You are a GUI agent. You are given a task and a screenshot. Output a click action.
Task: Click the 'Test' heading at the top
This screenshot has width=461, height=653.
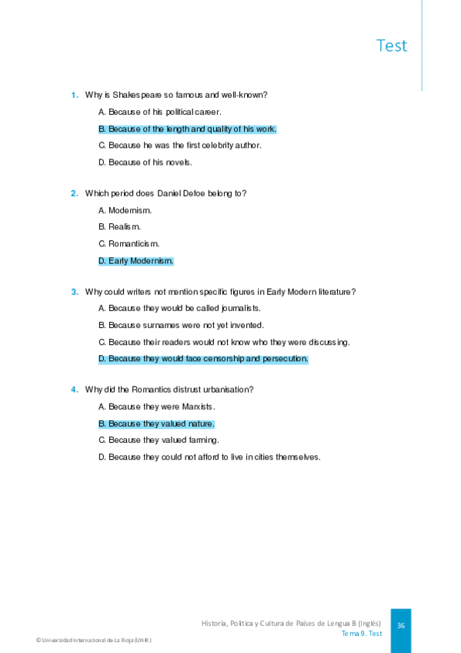click(x=391, y=45)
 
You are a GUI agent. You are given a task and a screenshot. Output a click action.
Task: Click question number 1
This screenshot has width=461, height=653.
click(x=75, y=95)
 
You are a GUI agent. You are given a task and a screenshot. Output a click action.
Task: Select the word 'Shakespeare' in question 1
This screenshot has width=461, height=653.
click(x=135, y=95)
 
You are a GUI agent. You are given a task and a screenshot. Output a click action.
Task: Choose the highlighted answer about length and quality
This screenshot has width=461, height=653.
click(x=187, y=129)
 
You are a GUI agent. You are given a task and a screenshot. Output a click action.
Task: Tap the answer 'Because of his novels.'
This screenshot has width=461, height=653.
click(x=145, y=162)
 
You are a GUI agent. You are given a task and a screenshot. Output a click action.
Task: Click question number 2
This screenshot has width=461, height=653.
click(x=75, y=193)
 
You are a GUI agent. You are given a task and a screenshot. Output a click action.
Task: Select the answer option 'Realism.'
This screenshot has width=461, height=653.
click(x=119, y=227)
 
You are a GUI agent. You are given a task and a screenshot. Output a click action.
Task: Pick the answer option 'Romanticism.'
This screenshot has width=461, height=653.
click(x=129, y=244)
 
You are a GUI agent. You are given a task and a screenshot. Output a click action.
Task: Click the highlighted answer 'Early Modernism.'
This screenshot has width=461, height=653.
click(x=136, y=261)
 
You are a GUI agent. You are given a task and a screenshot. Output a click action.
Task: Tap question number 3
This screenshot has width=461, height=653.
click(x=75, y=292)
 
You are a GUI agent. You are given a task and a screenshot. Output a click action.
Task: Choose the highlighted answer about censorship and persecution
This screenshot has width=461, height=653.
click(x=203, y=359)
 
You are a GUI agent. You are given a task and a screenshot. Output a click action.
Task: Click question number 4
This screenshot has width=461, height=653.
click(x=75, y=390)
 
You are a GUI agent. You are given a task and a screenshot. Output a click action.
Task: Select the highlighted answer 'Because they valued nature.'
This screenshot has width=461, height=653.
click(x=156, y=424)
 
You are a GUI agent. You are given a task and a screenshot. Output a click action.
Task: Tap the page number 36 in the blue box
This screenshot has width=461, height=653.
click(x=401, y=626)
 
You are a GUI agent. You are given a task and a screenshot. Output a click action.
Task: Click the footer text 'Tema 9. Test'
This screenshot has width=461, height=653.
click(x=362, y=634)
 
